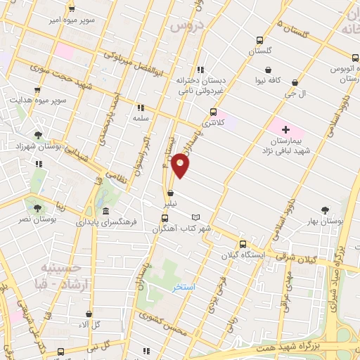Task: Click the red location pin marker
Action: click(181, 165)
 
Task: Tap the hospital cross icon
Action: click(285, 129)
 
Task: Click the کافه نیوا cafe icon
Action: click(270, 70)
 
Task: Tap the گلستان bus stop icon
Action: click(259, 40)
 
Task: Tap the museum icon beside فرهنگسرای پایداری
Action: click(105, 211)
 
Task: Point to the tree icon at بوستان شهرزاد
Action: click(38, 136)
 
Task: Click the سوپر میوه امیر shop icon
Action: click(72, 9)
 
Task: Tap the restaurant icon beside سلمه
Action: click(141, 108)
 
